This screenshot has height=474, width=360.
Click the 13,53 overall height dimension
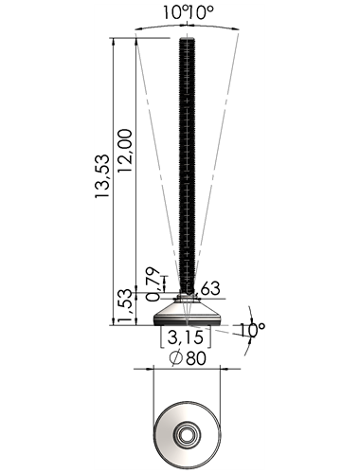102,176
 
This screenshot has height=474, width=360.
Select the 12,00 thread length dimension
125,151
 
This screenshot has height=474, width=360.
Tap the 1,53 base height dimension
125,306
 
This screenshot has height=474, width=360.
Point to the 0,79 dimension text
153,283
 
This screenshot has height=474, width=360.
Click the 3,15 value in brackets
185,337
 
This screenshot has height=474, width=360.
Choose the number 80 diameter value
196,358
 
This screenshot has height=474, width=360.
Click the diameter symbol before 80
176,358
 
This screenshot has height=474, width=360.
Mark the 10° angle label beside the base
252,330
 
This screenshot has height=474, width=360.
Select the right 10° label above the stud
201,12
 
